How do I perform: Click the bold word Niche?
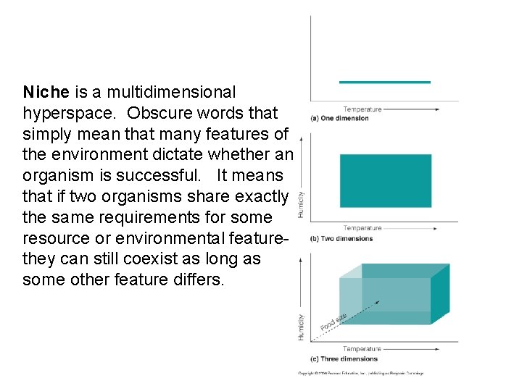(46, 93)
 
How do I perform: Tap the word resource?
(57, 238)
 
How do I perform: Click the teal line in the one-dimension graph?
(384, 82)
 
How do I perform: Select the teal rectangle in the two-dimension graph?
(385, 181)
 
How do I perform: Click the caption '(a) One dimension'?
(339, 118)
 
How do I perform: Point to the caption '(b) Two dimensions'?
(341, 238)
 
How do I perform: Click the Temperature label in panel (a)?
(362, 109)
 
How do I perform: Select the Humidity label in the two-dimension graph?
(302, 204)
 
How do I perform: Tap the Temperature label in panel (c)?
(362, 349)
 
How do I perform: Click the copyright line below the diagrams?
(360, 374)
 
